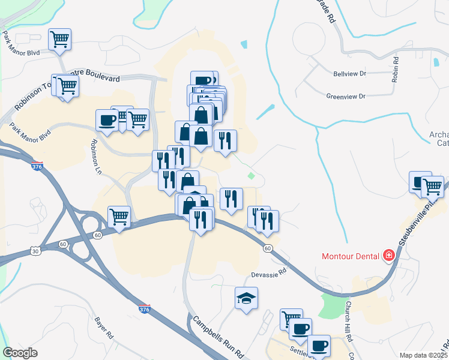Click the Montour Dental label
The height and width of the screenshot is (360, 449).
(350, 256)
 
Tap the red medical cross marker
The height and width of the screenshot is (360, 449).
(389, 256)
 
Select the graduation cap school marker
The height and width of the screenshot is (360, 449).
(246, 298)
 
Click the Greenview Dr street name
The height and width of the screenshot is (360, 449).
(346, 96)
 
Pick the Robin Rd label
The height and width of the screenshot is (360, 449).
(396, 68)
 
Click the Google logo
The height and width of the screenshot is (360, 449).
(20, 353)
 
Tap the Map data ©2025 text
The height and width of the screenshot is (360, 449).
(423, 355)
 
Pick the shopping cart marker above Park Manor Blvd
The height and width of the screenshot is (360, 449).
(59, 40)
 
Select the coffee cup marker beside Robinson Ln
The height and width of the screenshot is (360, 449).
(107, 119)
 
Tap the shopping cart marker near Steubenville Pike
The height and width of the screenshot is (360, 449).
(432, 187)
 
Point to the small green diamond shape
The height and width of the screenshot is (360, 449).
(251, 176)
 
